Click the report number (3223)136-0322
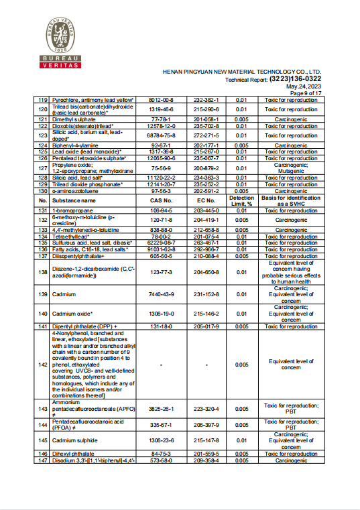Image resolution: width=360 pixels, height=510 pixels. coord(293,78)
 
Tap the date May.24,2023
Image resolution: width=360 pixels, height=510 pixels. coord(304,86)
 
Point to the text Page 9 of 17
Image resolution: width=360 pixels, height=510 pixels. coord(305,92)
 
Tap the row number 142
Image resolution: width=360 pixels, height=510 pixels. coord(43,364)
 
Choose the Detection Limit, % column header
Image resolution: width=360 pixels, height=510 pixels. coord(241,200)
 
